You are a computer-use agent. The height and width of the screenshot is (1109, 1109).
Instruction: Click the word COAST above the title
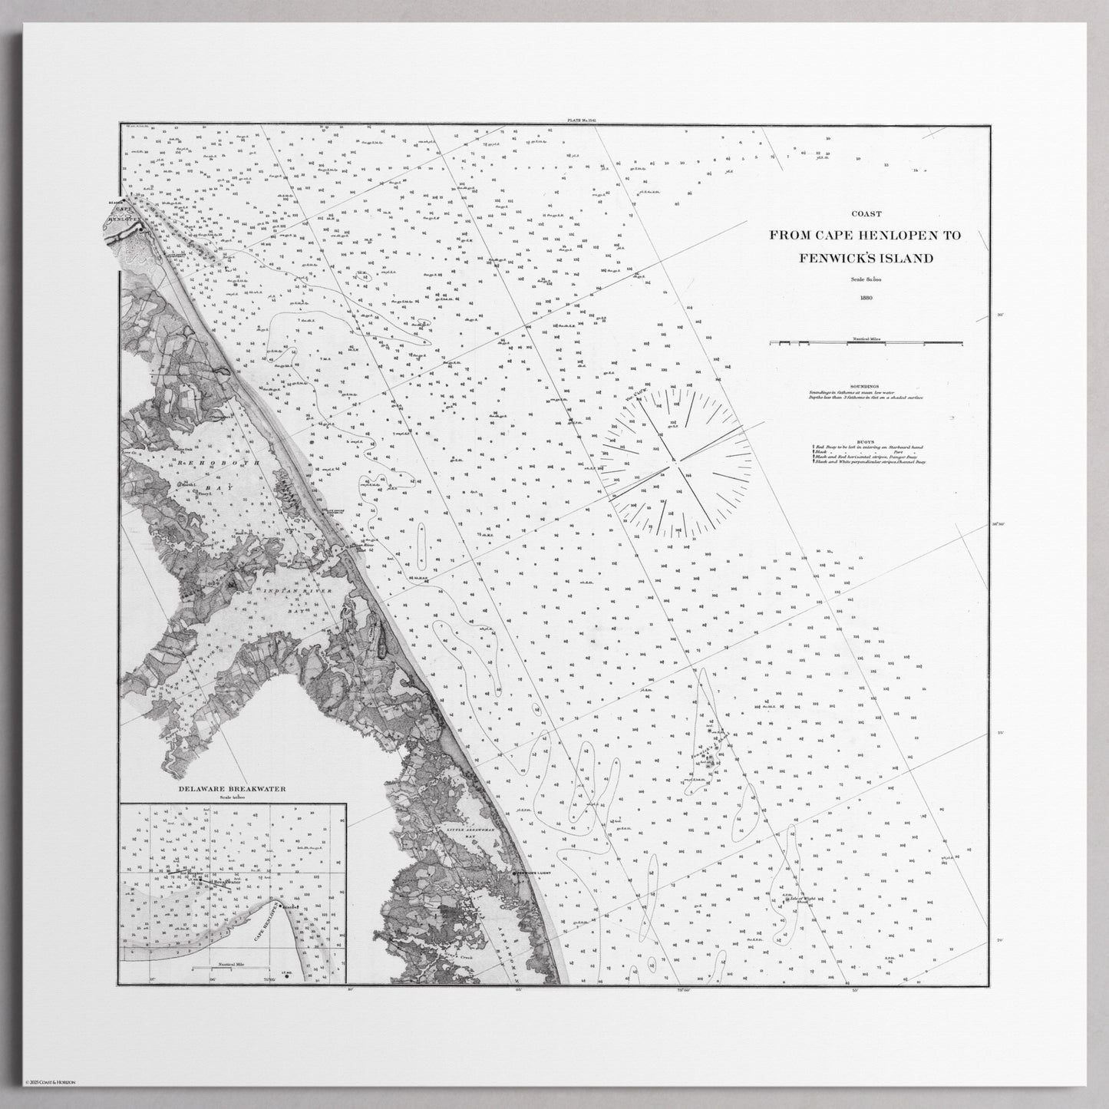point(865,215)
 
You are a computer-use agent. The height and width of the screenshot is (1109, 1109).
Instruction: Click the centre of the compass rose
point(675,461)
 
